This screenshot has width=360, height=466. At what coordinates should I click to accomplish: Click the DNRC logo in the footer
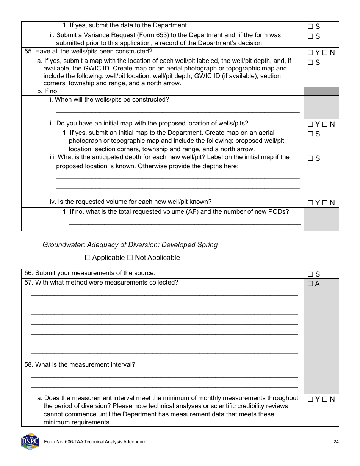click(x=30, y=441)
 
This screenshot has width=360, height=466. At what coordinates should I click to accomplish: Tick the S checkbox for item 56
click(x=310, y=274)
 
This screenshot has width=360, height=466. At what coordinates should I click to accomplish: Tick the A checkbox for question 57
click(x=310, y=284)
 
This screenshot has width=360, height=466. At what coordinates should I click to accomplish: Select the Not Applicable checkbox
click(x=130, y=258)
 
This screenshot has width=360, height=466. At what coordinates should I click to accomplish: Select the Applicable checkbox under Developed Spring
click(x=88, y=258)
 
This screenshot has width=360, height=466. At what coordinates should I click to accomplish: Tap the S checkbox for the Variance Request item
click(x=310, y=36)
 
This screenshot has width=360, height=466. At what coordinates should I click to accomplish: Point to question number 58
click(x=28, y=365)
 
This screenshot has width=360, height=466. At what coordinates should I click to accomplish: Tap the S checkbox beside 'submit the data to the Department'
click(x=310, y=27)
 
